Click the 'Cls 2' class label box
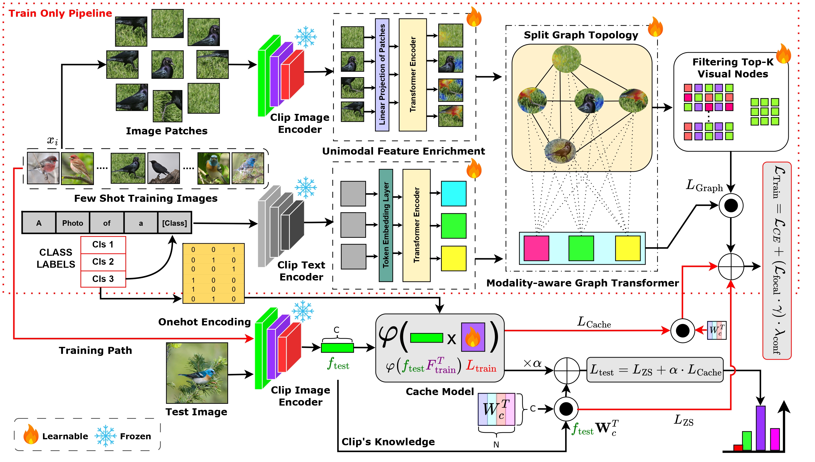103,262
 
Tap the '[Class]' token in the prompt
175,223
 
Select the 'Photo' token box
73,223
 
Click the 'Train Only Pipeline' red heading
60,13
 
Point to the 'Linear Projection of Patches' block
382,75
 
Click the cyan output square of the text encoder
453,194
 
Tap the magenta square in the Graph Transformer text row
536,248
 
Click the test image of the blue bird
197,373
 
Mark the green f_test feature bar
337,348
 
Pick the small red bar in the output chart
738,448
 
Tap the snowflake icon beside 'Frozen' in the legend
105,436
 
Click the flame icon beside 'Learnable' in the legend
31,435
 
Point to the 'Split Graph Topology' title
581,35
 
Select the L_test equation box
655,370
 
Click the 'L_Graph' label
704,186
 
